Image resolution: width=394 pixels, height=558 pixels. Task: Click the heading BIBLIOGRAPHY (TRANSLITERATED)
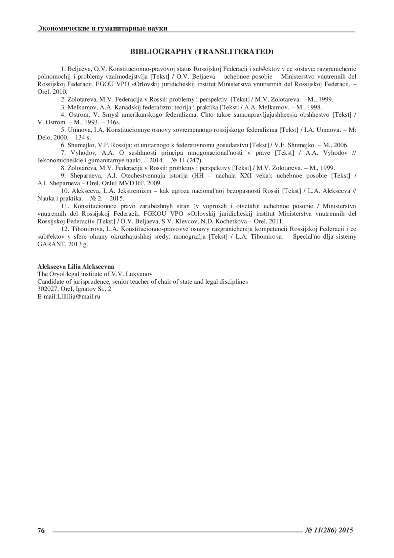point(202,52)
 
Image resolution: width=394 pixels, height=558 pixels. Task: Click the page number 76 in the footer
point(41,530)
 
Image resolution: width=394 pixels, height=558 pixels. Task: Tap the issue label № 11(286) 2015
point(329,530)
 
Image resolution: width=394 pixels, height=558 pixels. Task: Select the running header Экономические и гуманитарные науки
point(102,28)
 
